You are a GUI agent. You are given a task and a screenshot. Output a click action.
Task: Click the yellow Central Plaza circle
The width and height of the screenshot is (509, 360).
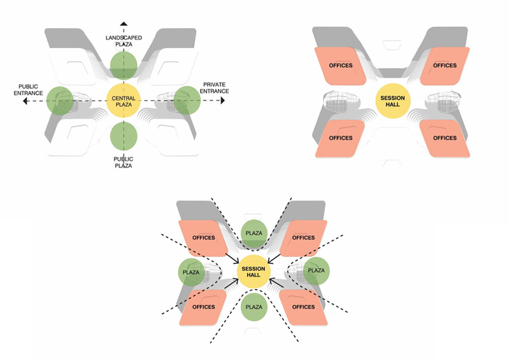click(124, 101)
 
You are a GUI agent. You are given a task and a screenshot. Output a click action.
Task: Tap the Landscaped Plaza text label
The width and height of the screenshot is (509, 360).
click(124, 41)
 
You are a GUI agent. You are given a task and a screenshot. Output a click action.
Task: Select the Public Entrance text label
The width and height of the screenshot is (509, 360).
click(29, 90)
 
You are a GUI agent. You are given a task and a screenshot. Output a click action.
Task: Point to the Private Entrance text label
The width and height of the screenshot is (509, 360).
click(215, 88)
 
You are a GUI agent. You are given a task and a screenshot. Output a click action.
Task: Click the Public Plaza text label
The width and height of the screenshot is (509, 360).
click(124, 162)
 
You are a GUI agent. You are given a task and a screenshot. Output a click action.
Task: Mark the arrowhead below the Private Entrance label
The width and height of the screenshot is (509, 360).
click(223, 101)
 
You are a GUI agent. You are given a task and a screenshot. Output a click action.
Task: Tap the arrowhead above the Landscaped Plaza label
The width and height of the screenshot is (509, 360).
click(124, 23)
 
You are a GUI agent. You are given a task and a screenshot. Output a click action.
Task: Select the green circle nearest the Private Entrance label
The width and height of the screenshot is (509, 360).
click(187, 100)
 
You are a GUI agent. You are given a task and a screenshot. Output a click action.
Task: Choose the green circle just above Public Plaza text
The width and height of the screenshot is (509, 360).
click(124, 136)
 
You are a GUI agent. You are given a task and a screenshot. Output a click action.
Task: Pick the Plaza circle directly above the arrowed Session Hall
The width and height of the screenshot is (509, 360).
click(254, 233)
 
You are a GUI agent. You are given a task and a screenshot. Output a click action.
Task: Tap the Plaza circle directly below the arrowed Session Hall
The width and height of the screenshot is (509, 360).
click(254, 307)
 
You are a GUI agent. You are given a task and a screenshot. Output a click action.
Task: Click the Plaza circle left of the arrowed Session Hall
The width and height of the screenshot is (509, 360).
click(191, 272)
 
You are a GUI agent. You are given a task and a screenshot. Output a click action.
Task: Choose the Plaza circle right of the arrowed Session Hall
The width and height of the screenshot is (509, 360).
click(317, 270)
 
